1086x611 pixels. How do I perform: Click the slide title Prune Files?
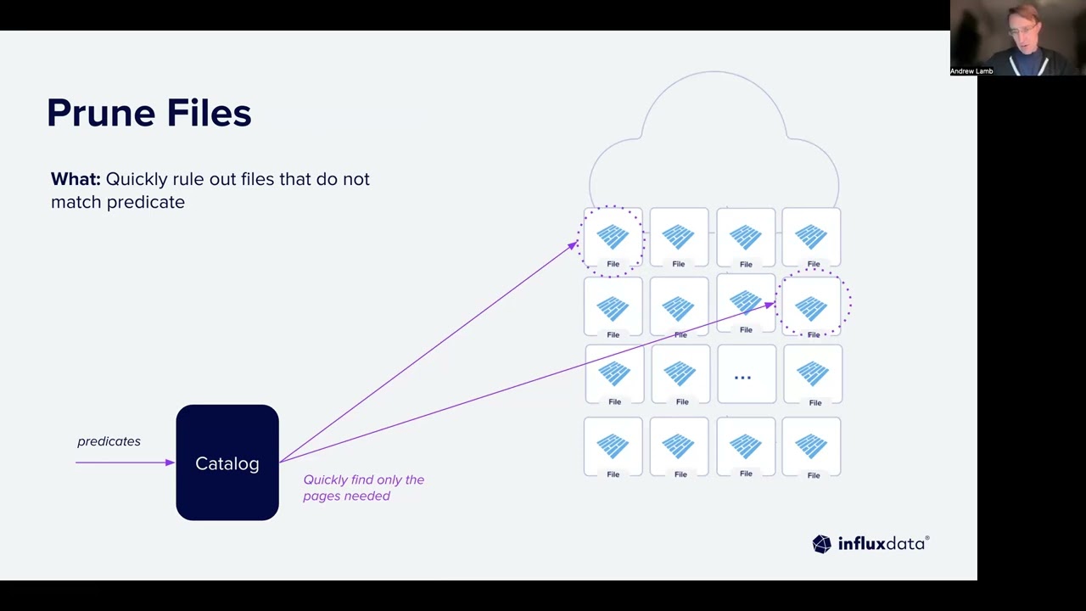148,113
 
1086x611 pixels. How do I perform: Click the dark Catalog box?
227,462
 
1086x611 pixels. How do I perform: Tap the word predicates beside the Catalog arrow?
109,441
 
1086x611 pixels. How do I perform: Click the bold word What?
76,179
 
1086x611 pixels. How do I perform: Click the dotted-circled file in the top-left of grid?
613,238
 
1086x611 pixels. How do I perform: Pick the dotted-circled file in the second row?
812,306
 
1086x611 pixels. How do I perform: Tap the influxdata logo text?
882,544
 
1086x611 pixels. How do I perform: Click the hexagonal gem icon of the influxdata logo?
821,544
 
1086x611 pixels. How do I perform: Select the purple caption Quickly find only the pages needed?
363,487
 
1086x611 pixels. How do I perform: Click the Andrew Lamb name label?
971,71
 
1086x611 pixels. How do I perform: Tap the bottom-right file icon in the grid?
812,447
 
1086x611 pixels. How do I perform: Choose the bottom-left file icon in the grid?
613,447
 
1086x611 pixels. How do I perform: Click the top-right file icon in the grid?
812,238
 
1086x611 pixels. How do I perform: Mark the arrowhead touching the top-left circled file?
574,245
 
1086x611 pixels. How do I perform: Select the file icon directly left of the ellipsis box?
680,375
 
